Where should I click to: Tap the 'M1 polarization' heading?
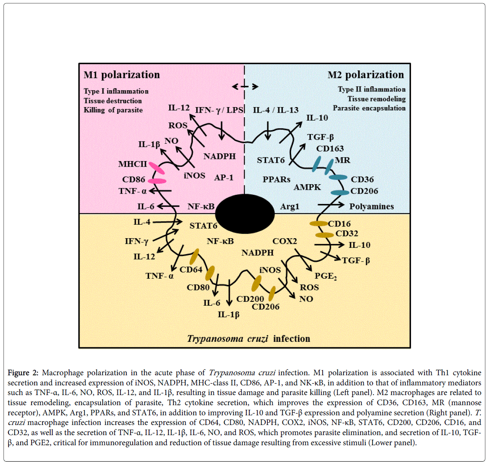tap(122, 75)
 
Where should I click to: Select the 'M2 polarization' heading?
tap(365, 75)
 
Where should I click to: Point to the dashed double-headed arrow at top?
tap(245, 86)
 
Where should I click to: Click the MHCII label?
tap(133, 164)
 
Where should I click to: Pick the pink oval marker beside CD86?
tap(157, 181)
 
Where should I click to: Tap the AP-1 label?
tap(224, 177)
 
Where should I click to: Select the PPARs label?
tap(276, 180)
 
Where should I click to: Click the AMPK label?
tap(307, 187)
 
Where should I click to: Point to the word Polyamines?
tap(371, 207)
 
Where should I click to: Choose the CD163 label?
tap(330, 149)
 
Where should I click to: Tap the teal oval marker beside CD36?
tap(338, 177)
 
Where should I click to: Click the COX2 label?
tap(285, 241)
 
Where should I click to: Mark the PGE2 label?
tap(325, 276)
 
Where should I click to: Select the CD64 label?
tap(191, 269)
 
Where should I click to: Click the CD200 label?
tap(250, 299)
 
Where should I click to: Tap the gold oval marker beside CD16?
tap(319, 223)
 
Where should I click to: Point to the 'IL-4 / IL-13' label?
tap(275, 110)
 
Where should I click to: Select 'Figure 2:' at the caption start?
tap(23, 373)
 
